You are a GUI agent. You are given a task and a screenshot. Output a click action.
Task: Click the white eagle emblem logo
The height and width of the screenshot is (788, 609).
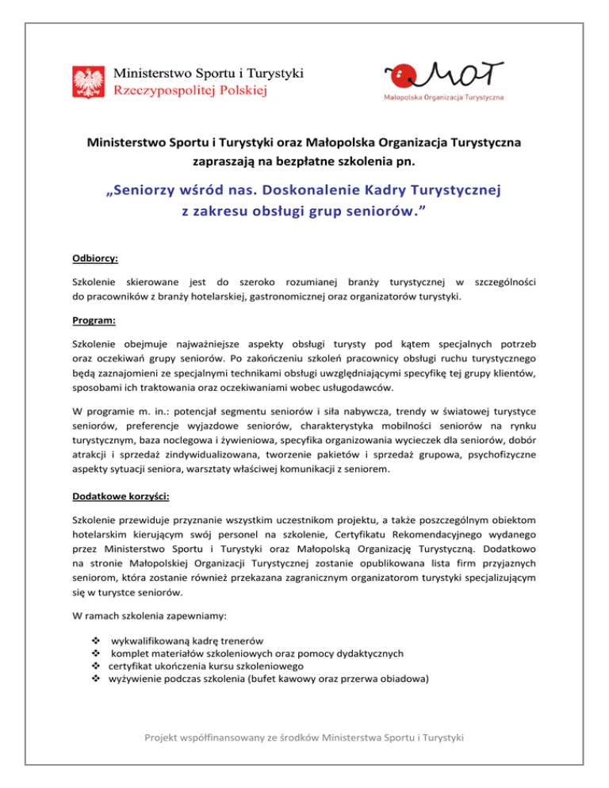click(x=87, y=82)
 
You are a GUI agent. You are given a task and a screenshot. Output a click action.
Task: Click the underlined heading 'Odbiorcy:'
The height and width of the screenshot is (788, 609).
click(x=92, y=258)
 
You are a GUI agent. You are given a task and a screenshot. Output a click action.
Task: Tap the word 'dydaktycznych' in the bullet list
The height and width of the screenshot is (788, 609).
click(x=368, y=654)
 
